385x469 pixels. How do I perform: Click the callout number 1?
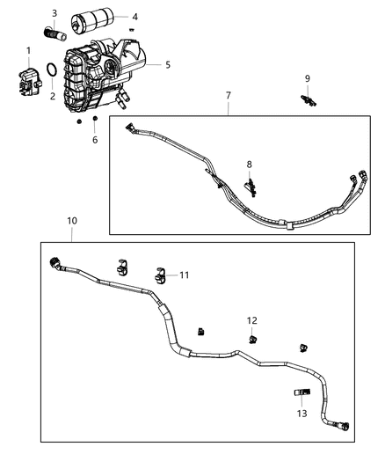[x=28, y=50]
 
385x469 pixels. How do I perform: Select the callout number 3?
[x=54, y=13]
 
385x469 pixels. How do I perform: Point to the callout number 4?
[x=134, y=17]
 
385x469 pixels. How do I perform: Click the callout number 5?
[x=168, y=64]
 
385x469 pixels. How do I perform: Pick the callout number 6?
[x=96, y=140]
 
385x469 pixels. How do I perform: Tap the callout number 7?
[x=229, y=94]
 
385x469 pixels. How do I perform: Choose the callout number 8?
[x=250, y=165]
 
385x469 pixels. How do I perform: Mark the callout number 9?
[x=308, y=79]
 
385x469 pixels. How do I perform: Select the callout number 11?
[x=185, y=275]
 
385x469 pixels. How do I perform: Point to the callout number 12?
[x=252, y=320]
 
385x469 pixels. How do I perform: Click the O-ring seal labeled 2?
[x=53, y=71]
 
